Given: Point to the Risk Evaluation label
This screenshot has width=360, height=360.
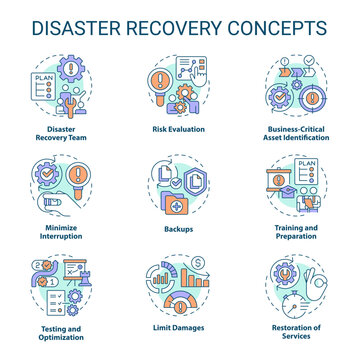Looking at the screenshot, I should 180,129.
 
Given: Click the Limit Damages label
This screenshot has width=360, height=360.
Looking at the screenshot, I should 180,331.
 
